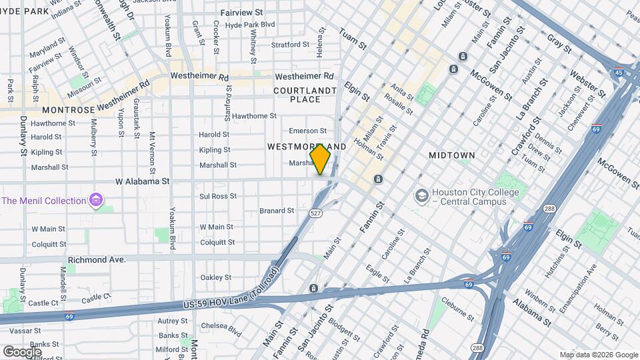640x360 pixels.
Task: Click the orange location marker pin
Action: (321, 159)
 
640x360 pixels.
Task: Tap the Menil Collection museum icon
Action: (96, 200)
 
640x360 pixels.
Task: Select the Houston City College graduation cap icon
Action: (421, 195)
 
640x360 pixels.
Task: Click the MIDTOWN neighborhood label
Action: (451, 155)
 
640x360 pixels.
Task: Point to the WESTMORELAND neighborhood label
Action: (306, 146)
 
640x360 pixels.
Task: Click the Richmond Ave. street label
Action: (97, 259)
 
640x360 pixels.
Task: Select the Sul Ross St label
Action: (219, 197)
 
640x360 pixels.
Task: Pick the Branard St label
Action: (277, 211)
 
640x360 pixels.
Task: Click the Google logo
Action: (22, 351)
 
